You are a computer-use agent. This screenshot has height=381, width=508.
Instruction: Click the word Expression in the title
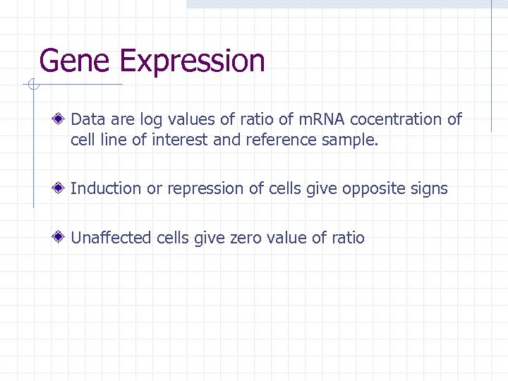[192, 62]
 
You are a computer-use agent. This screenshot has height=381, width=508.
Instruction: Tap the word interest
[179, 140]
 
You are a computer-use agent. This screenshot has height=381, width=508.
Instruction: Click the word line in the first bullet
[112, 140]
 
